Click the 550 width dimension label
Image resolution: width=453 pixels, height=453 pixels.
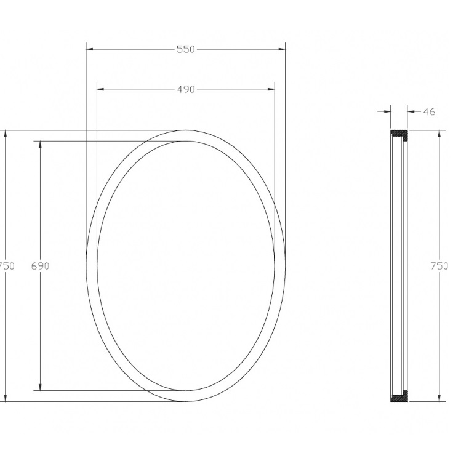[x=186, y=49]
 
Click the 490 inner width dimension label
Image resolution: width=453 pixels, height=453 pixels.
[x=186, y=90]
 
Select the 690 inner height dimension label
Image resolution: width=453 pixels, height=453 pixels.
[x=40, y=266]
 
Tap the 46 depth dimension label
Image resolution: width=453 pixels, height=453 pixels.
[x=430, y=111]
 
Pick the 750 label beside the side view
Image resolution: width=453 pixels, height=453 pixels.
[x=439, y=266]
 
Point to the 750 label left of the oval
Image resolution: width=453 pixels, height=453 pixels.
[x=6, y=266]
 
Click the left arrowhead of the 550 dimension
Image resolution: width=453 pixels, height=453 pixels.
[x=90, y=49]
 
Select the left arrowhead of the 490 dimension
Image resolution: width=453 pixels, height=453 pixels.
[x=100, y=90]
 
